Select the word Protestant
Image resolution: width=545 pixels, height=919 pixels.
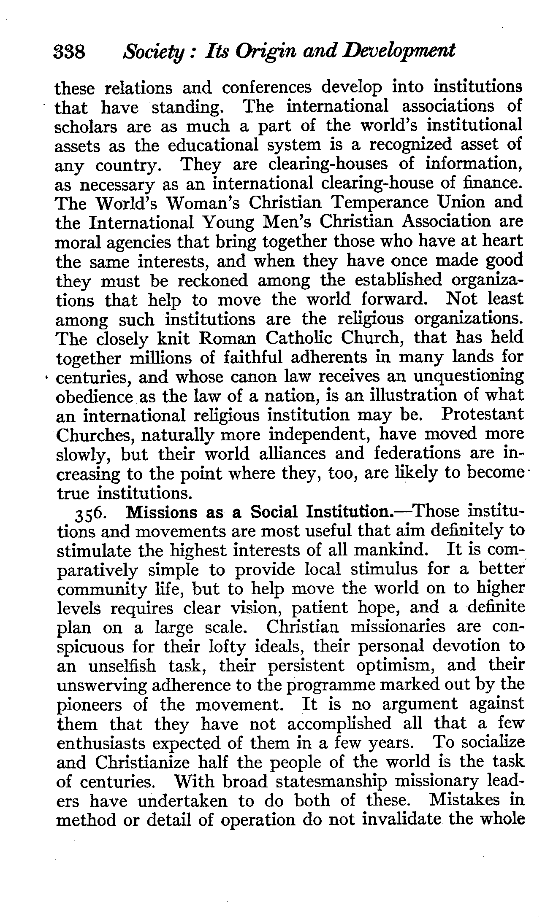pyautogui.click(x=482, y=415)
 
